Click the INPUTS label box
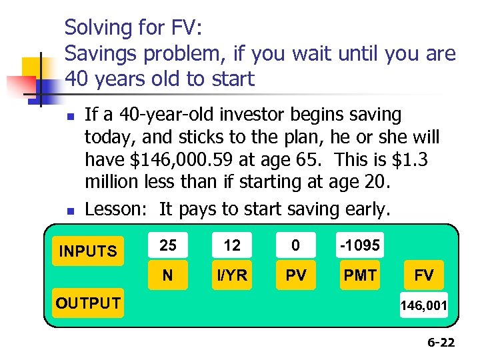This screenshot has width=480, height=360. (88, 251)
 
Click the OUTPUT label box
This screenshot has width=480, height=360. (88, 303)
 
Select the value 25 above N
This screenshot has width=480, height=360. (168, 245)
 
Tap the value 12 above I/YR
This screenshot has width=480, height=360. (232, 245)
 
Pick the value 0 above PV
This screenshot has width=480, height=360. (295, 245)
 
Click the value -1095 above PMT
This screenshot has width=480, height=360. (360, 245)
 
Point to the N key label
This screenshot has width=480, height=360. (168, 275)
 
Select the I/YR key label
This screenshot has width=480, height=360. (232, 275)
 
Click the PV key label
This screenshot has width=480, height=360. (295, 275)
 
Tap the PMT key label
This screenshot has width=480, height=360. (360, 275)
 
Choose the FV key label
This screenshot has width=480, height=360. (424, 275)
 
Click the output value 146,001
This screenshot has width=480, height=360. (424, 306)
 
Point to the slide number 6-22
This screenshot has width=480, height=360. (441, 343)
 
